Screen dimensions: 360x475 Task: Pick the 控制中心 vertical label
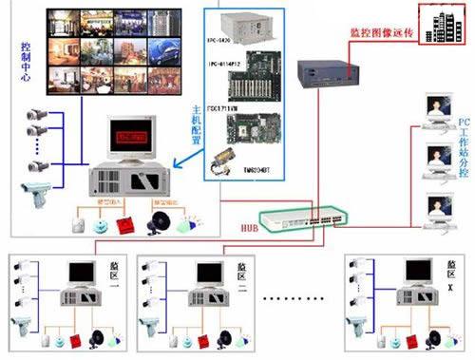coord(24,62)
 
